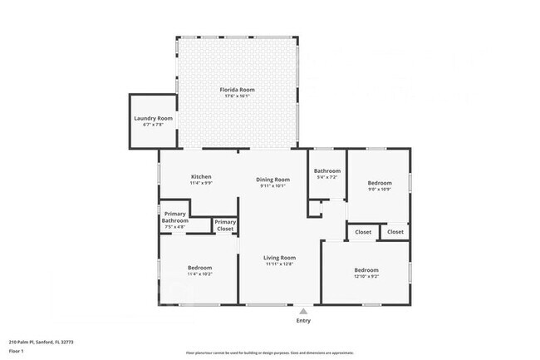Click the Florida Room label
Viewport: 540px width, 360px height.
coord(237,89)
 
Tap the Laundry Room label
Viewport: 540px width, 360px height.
coord(153,119)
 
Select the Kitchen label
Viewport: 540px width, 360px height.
coord(201,177)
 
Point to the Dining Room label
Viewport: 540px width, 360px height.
coord(272,180)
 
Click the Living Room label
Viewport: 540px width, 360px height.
coord(280,258)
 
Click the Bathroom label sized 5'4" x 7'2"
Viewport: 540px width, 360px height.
coord(327,171)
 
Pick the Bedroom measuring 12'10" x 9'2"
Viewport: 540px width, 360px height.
coord(366,270)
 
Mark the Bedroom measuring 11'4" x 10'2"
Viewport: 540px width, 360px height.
coord(199,268)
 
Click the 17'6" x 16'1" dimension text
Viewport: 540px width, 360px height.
coord(237,96)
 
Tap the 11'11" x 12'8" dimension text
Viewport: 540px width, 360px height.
coord(280,265)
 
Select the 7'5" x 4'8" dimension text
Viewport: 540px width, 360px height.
coord(175,227)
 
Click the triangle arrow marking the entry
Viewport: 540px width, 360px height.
coord(303,311)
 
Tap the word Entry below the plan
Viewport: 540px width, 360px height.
coord(303,321)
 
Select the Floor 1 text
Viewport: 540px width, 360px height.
coord(16,352)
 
